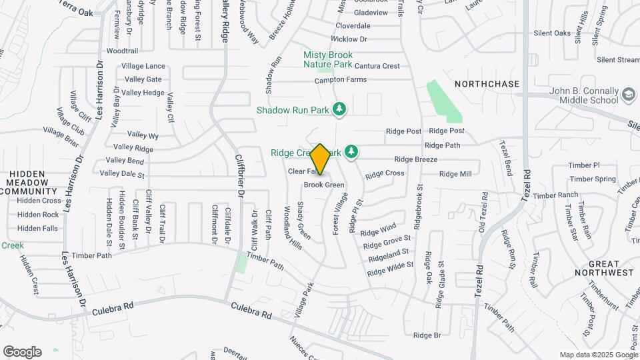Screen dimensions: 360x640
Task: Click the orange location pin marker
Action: click(x=321, y=159)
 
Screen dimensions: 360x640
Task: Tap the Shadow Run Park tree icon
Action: click(x=340, y=108)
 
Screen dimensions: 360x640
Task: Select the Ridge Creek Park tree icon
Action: click(x=351, y=153)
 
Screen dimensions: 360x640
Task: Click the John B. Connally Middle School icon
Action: click(x=627, y=95)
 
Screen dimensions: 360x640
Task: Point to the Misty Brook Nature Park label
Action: click(x=327, y=59)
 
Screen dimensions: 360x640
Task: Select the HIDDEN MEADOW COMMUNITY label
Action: click(x=27, y=182)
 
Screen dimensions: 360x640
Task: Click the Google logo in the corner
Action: click(x=22, y=351)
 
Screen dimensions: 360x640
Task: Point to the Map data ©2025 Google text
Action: click(x=598, y=355)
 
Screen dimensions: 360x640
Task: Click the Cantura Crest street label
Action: click(x=377, y=66)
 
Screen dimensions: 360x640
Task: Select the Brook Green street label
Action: click(x=324, y=185)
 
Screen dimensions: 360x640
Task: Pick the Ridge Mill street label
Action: click(x=455, y=174)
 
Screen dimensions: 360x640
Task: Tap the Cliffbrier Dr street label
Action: click(x=239, y=175)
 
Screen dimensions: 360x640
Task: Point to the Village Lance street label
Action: click(x=143, y=66)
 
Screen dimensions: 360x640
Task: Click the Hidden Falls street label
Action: click(x=37, y=228)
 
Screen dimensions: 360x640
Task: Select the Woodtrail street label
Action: click(x=121, y=51)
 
